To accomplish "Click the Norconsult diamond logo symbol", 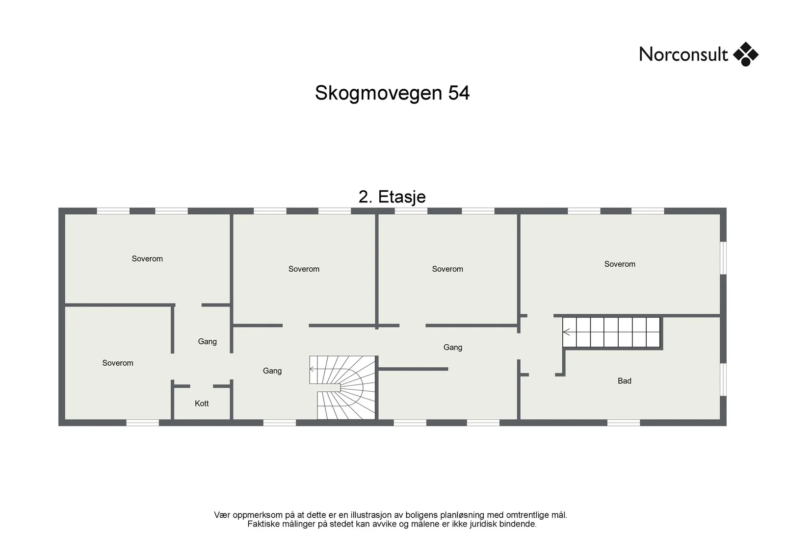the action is [x=746, y=54].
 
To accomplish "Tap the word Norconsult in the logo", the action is [x=683, y=54].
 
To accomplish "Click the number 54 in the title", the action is [x=459, y=93].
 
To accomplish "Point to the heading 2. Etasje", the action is [x=392, y=197].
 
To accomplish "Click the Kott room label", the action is [x=202, y=404].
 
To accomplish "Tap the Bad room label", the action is [x=625, y=381].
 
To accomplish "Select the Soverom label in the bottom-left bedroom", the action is [x=118, y=363].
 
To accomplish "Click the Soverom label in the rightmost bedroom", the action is [x=620, y=264].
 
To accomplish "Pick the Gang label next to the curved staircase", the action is [x=272, y=371].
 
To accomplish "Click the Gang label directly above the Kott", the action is [x=207, y=341].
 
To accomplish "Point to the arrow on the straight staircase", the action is [x=567, y=332].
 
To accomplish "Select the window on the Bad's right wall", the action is [x=723, y=379].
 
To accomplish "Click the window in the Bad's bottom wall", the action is [x=624, y=423].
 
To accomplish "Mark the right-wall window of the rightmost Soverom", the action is [x=723, y=258].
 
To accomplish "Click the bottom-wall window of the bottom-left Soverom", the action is [x=142, y=423].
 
